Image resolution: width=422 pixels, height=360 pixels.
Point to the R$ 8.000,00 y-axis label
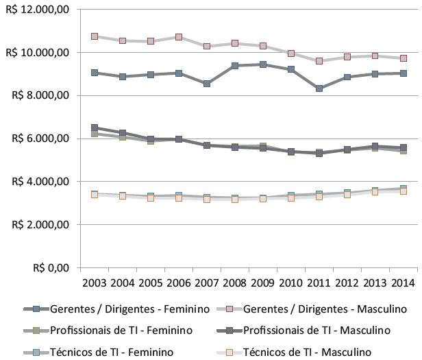[x=39, y=95]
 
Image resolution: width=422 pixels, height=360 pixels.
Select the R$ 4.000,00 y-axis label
[x=39, y=182]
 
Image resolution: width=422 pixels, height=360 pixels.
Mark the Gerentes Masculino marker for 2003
[x=95, y=36]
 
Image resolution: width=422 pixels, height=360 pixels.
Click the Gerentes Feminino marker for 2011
[x=319, y=88]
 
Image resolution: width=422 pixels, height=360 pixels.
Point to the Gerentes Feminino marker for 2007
[x=207, y=84]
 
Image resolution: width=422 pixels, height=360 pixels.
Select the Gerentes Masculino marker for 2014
[x=404, y=58]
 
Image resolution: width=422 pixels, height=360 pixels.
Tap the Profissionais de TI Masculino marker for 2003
[x=95, y=128]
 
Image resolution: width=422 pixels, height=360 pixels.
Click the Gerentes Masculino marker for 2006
[x=179, y=37]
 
